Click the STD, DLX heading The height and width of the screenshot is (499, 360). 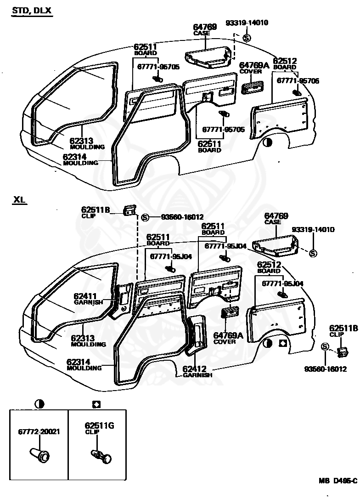pos(32,11)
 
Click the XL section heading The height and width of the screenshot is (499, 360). pos(19,200)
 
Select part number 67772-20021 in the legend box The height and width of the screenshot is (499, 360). pos(39,432)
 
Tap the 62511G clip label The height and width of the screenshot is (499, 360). pos(99,428)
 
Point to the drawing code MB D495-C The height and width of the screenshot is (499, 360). pos(338,481)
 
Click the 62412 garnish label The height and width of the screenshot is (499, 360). pos(197,371)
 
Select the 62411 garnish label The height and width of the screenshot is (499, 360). pos(89,299)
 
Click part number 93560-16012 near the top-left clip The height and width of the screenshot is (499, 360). pos(182,217)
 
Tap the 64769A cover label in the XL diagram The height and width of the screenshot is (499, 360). pos(228,338)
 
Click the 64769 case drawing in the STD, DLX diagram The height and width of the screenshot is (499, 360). pos(208,57)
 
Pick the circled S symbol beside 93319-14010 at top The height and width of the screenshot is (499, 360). pos(247,38)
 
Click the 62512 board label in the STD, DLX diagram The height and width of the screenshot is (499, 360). pos(285,64)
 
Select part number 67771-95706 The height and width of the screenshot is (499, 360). pos(298,81)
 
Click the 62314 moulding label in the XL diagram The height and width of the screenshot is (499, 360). pos(84,365)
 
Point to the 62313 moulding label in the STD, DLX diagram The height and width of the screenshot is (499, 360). pos(87,143)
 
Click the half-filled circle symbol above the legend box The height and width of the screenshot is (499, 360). pos(39,404)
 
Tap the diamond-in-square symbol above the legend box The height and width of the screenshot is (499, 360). pos(96,404)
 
